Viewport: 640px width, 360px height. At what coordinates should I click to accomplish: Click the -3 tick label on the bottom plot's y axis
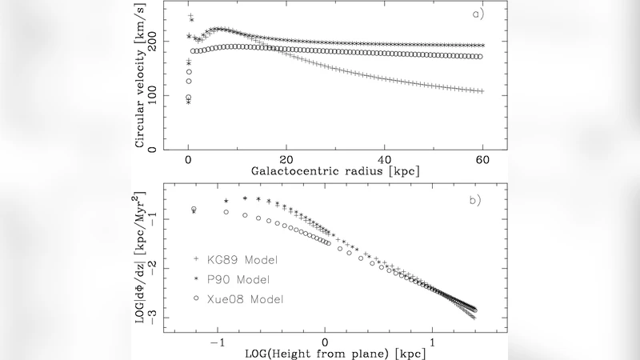[154, 318]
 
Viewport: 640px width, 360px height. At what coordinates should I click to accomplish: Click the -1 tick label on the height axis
[216, 342]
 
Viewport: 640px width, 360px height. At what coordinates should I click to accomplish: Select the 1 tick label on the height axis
[434, 342]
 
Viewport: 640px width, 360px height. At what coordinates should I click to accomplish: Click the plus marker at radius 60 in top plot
[482, 91]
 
